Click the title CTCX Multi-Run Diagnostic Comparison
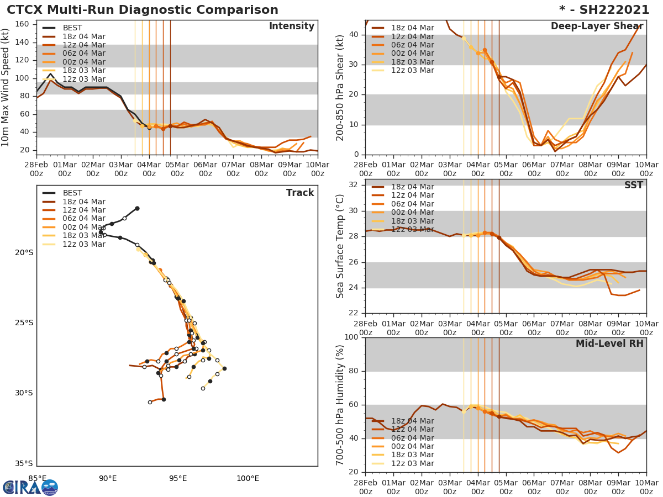coord(143,10)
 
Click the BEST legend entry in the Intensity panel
coord(72,28)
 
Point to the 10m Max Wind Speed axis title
coord(6,87)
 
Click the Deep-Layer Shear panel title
coord(597,27)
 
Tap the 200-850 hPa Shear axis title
coord(341,87)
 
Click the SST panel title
coord(633,185)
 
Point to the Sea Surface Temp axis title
coord(341,246)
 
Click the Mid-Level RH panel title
coord(609,343)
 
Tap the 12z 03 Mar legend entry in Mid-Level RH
coord(412,463)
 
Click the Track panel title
coord(299,193)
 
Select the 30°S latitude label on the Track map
coord(24,393)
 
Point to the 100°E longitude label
coord(248,478)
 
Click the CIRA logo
coord(30,487)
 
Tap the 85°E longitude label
coord(37,478)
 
